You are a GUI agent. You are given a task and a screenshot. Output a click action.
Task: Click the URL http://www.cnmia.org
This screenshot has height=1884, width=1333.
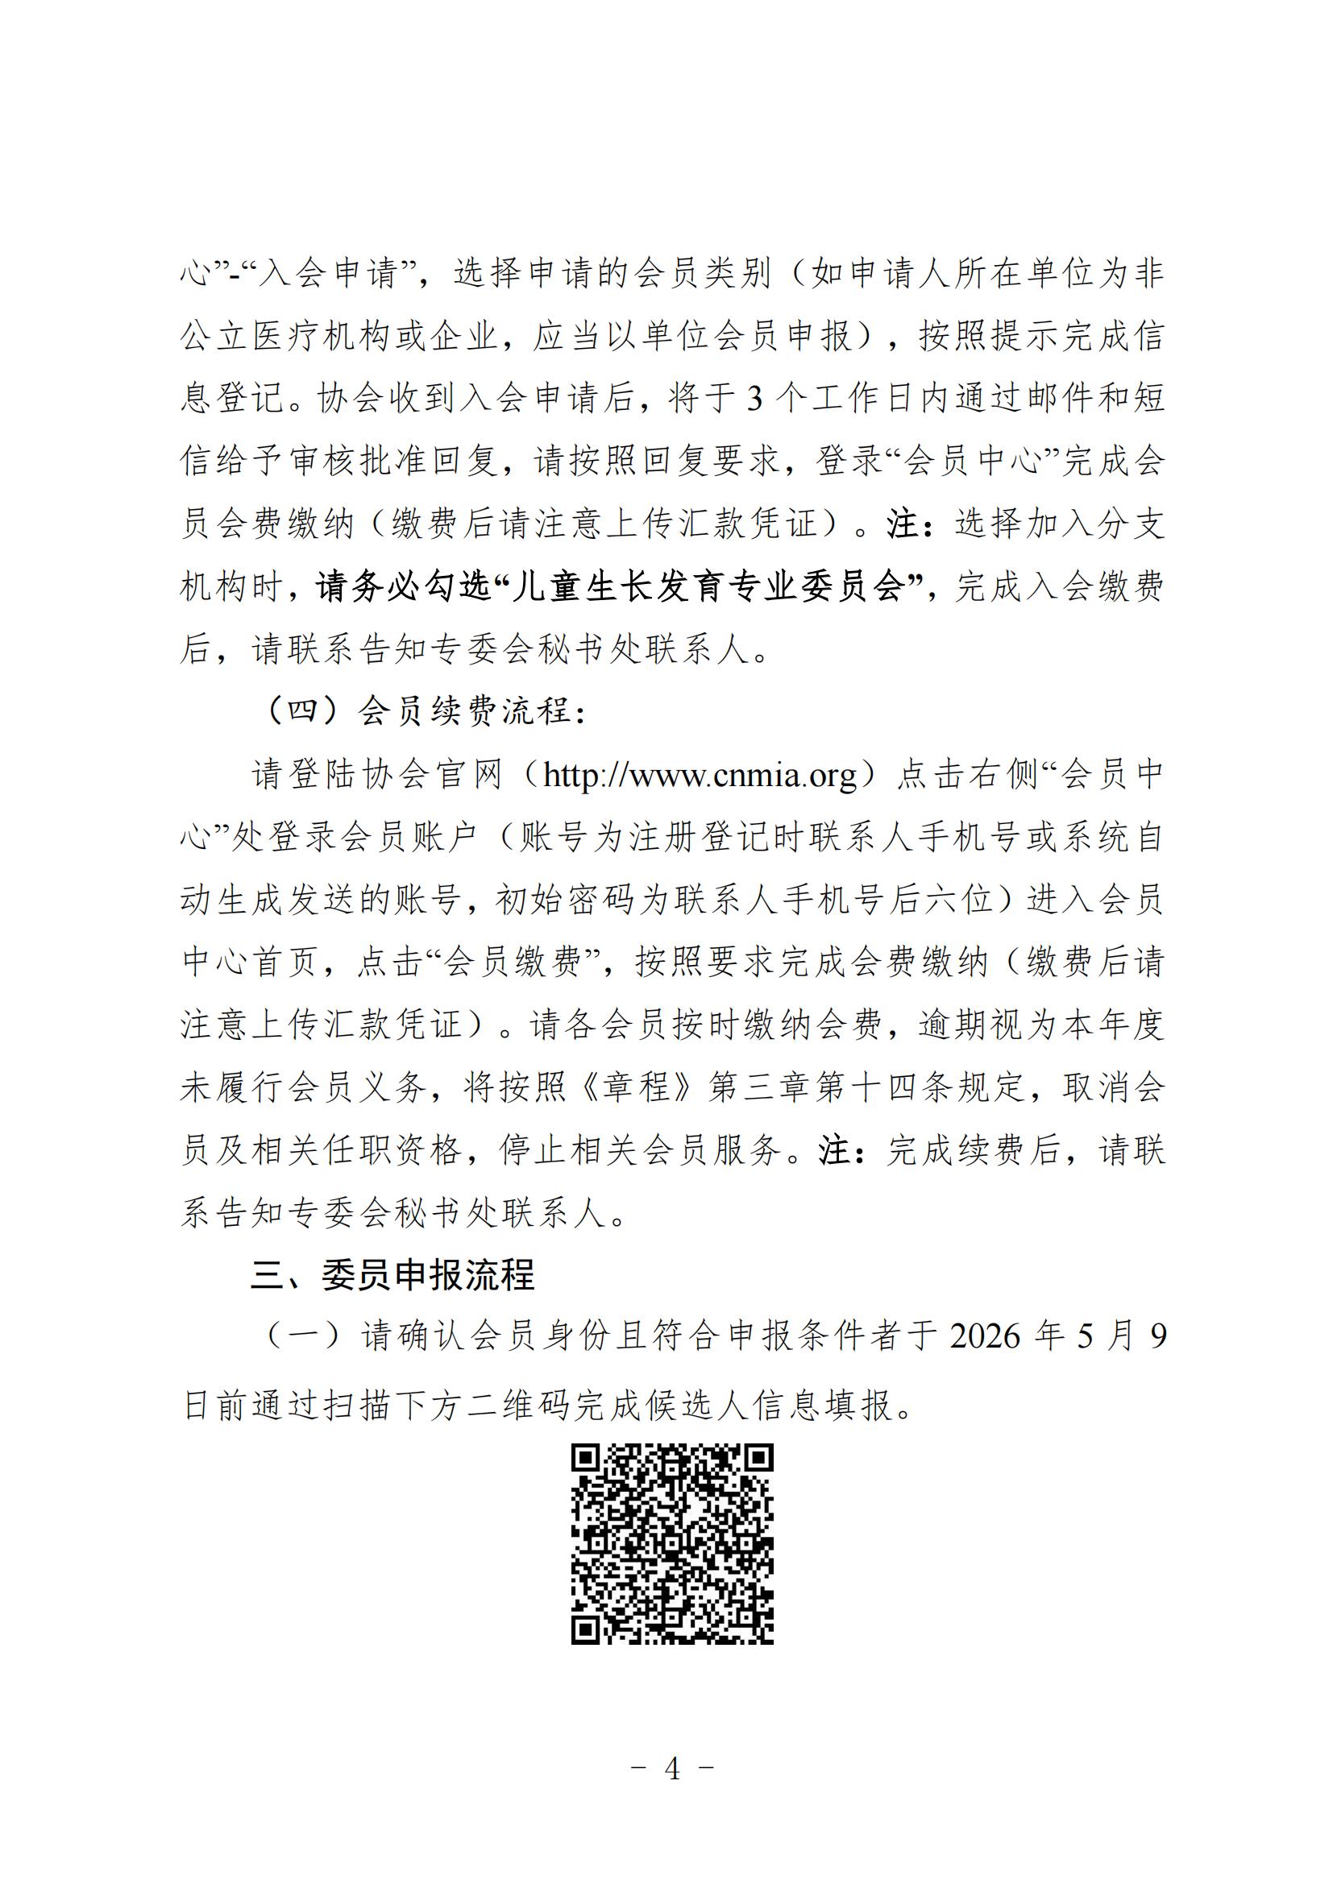tap(700, 775)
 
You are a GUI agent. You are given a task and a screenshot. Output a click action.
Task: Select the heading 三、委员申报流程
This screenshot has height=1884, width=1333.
tap(392, 1274)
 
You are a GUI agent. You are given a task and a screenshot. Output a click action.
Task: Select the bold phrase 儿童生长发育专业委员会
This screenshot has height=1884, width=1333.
tap(708, 586)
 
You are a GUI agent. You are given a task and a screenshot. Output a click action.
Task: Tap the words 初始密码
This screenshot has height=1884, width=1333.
tap(566, 900)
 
